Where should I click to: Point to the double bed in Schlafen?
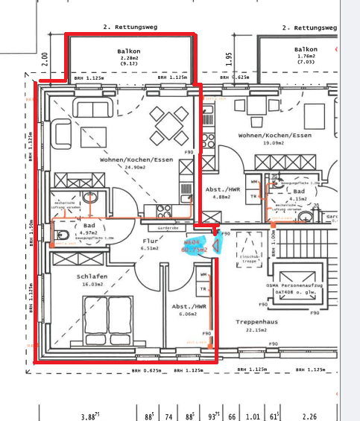coord(109,316)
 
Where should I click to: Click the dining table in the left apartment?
coord(169,126)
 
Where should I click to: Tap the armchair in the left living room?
coord(65,136)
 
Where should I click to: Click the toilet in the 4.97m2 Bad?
coord(62,236)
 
